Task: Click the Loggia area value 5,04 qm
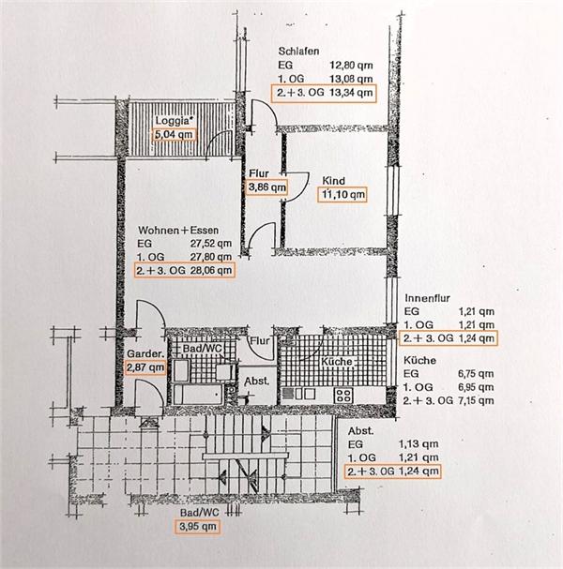point(174,135)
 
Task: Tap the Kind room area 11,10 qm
point(342,195)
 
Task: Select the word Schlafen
point(298,52)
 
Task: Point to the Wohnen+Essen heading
point(178,230)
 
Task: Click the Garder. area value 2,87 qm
point(145,367)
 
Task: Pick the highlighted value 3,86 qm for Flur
point(267,187)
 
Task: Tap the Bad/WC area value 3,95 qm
point(198,526)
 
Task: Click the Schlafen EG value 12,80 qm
point(351,66)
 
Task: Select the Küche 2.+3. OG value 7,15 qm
point(476,400)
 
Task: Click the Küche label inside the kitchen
point(337,362)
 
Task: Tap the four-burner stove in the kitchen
point(343,396)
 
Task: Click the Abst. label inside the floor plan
point(257,382)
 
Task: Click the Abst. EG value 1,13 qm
point(418,443)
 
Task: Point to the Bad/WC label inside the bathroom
point(202,348)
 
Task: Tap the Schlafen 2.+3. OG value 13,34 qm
point(351,93)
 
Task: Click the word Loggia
point(173,121)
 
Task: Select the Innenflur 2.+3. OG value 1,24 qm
point(476,338)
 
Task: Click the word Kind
point(334,181)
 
